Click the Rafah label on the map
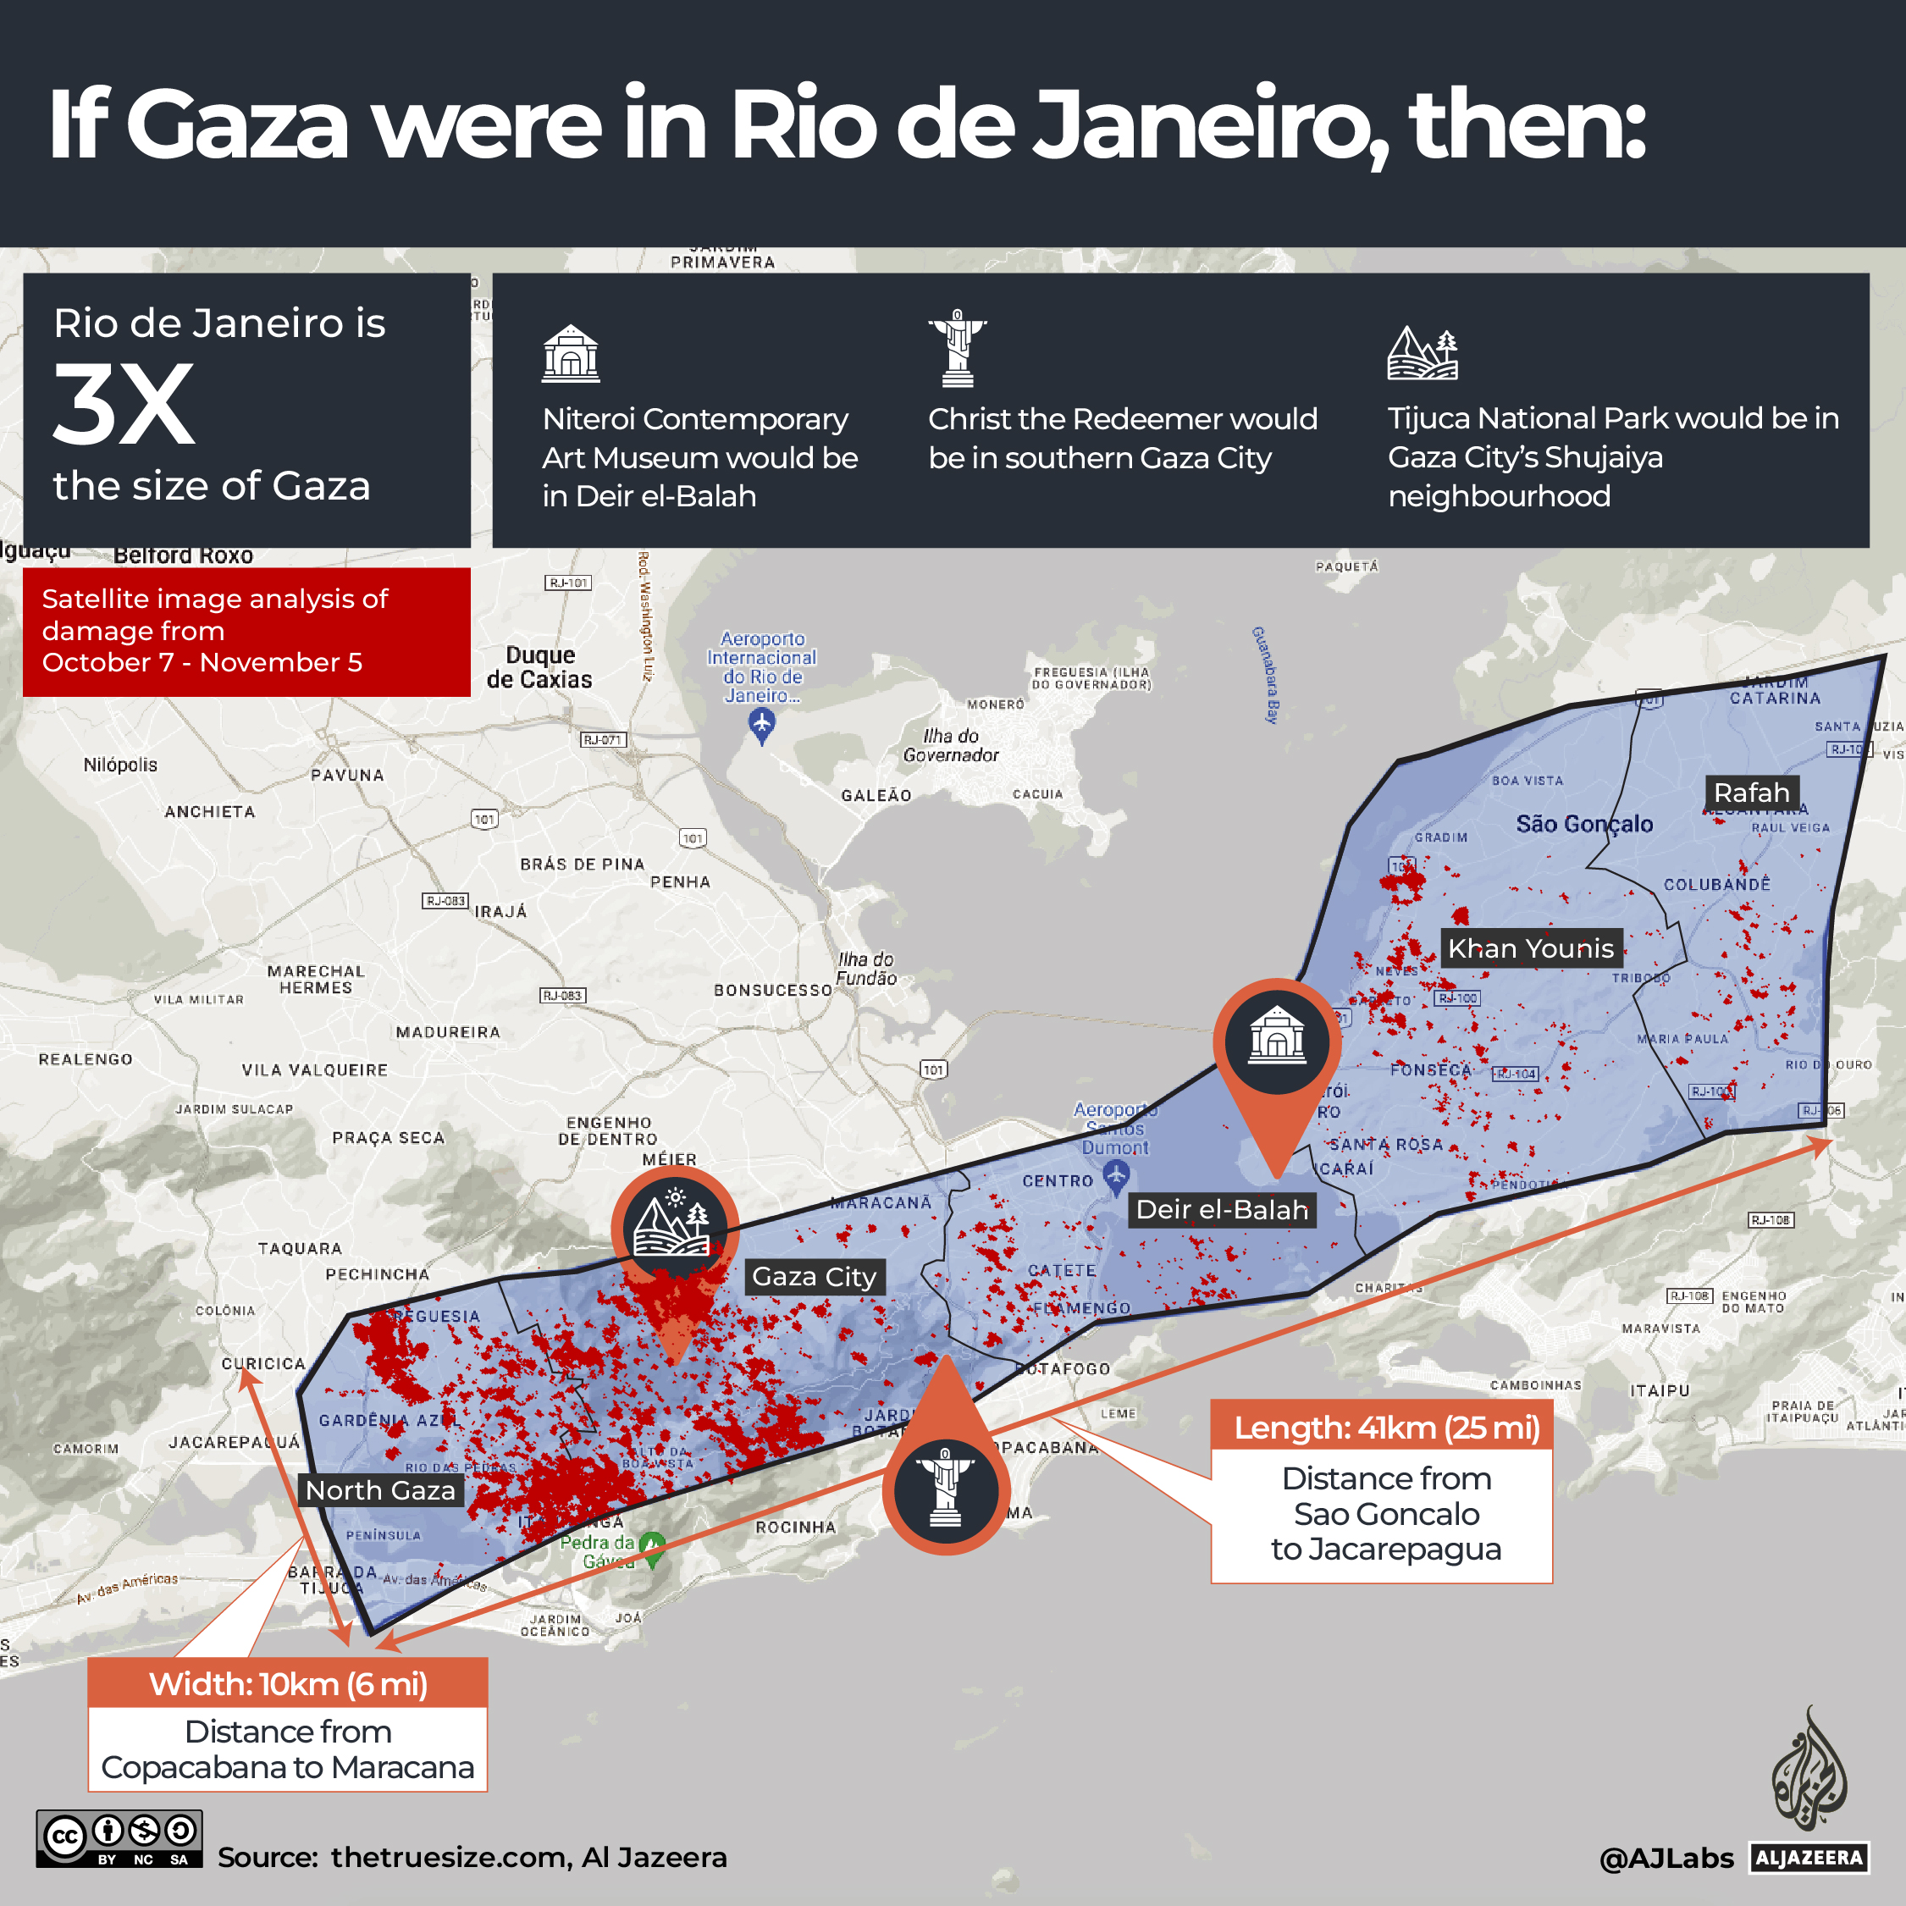point(1751,793)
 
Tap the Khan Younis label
point(1530,948)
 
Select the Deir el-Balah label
point(1221,1209)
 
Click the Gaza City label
point(814,1277)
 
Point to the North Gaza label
point(380,1489)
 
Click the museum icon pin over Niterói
point(1277,1039)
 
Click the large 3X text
point(124,405)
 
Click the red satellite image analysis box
point(246,632)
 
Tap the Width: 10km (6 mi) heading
point(288,1684)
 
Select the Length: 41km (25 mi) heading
point(1386,1428)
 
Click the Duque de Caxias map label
point(539,667)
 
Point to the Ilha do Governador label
point(951,746)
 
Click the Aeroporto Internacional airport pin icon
point(761,725)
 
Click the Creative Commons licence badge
point(119,1839)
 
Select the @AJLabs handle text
point(1666,1859)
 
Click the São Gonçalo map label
point(1584,824)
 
